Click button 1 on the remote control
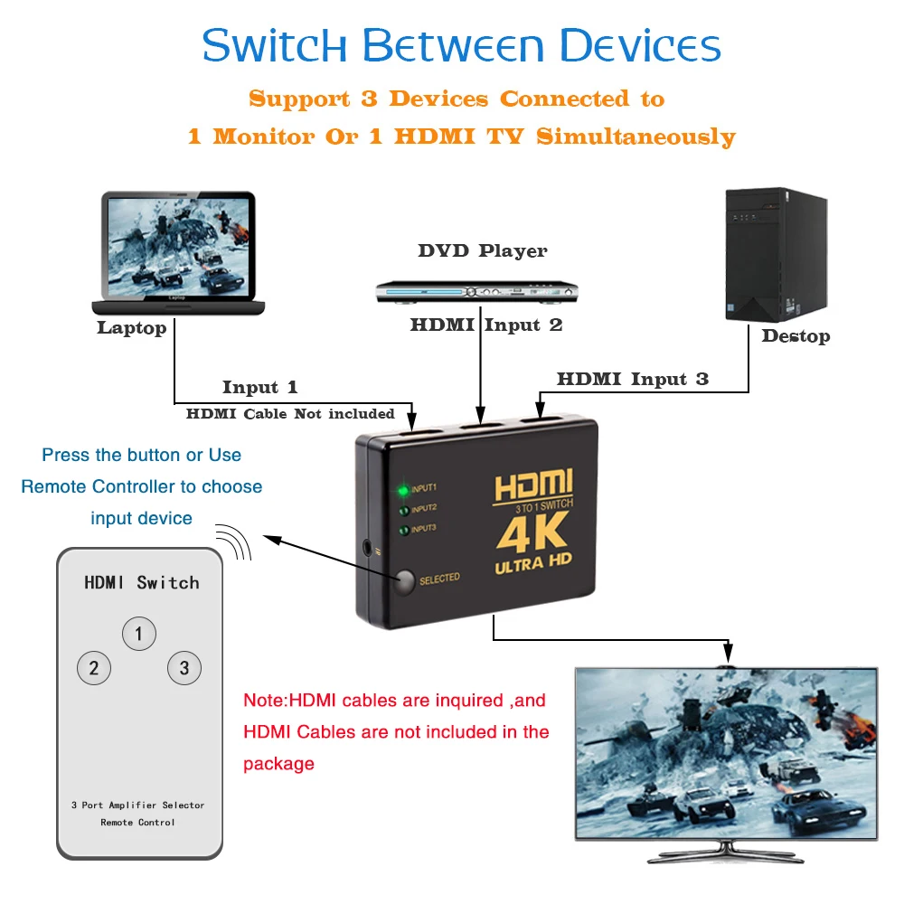pos(138,634)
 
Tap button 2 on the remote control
pos(93,669)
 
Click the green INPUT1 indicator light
pos(403,491)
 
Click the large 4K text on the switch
pos(532,533)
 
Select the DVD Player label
pos(483,251)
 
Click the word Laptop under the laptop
pos(132,328)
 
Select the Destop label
pos(796,336)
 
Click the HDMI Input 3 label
pos(633,379)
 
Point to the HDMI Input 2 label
pos(486,325)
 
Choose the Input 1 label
pos(260,387)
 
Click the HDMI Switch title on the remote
pos(142,583)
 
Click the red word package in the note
pos(278,764)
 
